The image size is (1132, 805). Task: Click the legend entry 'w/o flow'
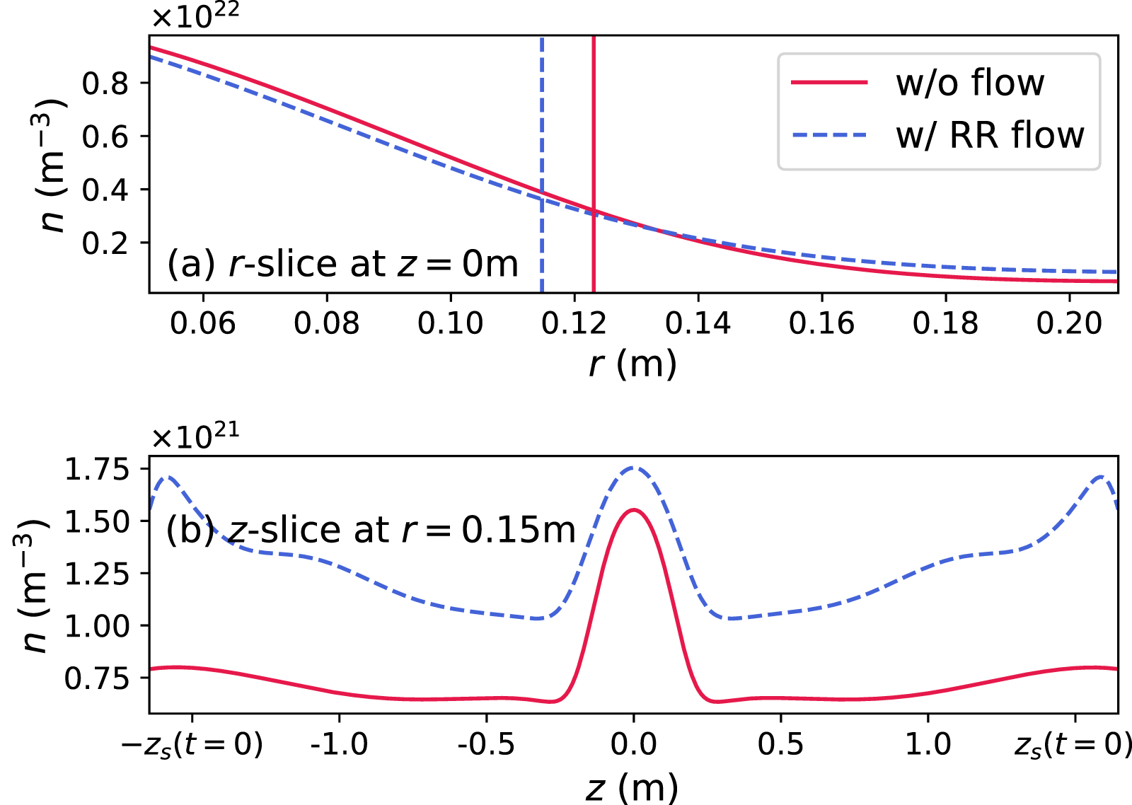click(x=969, y=83)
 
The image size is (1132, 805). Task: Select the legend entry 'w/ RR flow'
click(x=989, y=135)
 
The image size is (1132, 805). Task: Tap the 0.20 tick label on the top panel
click(x=1069, y=323)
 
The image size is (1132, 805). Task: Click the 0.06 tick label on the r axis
click(x=202, y=323)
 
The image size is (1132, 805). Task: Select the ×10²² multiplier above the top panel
click(x=195, y=16)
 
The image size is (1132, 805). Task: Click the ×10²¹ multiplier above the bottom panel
click(x=195, y=436)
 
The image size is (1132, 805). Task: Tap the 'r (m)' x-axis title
click(x=633, y=364)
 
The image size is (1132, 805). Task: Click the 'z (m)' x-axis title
click(x=633, y=787)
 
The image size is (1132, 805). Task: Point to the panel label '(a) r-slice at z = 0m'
click(x=342, y=265)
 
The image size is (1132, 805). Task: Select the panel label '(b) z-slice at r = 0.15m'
click(x=371, y=530)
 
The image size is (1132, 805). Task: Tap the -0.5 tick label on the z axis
click(x=486, y=744)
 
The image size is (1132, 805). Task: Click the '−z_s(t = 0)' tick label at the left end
click(x=192, y=744)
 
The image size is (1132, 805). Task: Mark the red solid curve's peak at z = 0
click(x=634, y=509)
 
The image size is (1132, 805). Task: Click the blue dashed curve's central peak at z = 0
click(x=634, y=467)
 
